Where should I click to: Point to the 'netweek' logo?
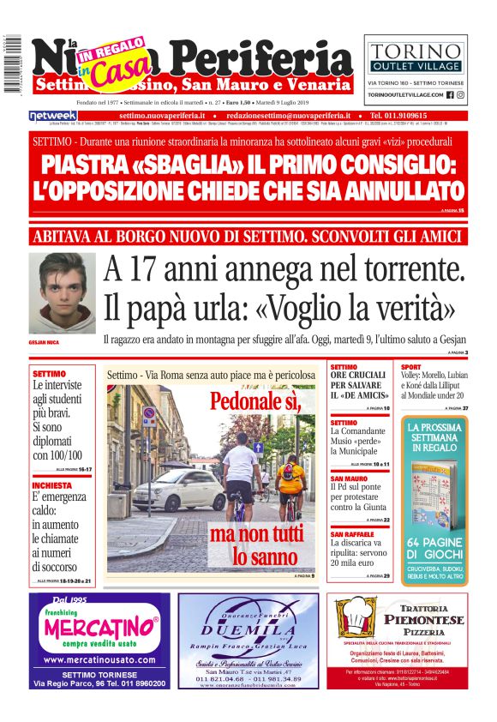coord(53,115)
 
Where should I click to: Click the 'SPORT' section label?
coord(411,367)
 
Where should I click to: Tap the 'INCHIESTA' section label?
coord(52,484)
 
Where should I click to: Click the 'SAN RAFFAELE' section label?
coord(354,534)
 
